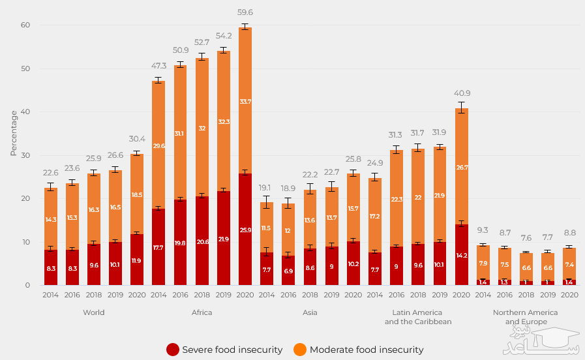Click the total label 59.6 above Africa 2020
pyautogui.click(x=245, y=12)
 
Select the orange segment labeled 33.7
pyautogui.click(x=245, y=101)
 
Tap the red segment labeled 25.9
pyautogui.click(x=245, y=229)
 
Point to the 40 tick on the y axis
pyautogui.click(x=26, y=112)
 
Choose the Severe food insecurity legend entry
pyautogui.click(x=225, y=350)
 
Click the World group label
pyautogui.click(x=94, y=312)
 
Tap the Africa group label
pyautogui.click(x=202, y=312)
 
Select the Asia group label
pyautogui.click(x=310, y=312)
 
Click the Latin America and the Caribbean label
pyautogui.click(x=418, y=317)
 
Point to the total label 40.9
pyautogui.click(x=461, y=93)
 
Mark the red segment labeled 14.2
pyautogui.click(x=461, y=254)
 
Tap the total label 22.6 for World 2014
pyautogui.click(x=51, y=172)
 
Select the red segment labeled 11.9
pyautogui.click(x=137, y=260)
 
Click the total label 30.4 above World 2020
pyautogui.click(x=137, y=139)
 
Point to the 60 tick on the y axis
pyautogui.click(x=26, y=25)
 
